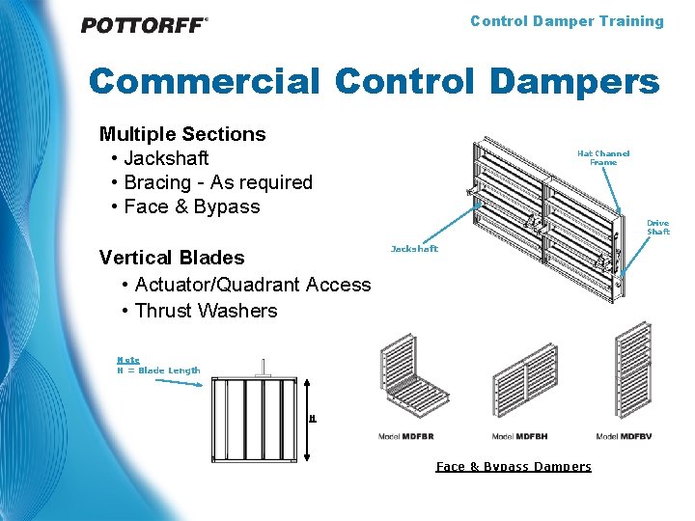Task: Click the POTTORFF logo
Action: point(144,26)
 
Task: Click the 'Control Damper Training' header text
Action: point(567,21)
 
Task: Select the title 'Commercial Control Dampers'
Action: point(374,82)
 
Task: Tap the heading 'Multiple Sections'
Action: point(182,134)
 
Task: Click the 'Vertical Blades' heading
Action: point(172,258)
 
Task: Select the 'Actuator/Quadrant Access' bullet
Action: point(253,285)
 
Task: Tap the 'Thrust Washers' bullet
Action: point(206,311)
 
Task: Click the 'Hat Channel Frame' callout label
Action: point(603,157)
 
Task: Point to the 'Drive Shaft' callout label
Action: point(657,227)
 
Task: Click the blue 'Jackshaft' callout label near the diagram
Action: point(414,249)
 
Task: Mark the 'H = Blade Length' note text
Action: point(158,370)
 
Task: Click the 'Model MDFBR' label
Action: point(405,437)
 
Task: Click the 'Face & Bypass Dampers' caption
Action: point(514,467)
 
